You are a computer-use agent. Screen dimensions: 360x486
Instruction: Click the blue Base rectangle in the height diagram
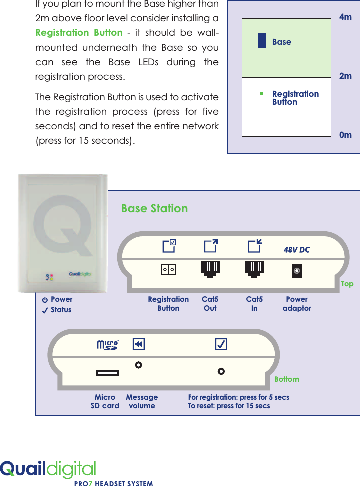pyautogui.click(x=262, y=41)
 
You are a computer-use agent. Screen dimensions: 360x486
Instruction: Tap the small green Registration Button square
pyautogui.click(x=261, y=93)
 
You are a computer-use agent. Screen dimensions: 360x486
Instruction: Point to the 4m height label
pyautogui.click(x=345, y=17)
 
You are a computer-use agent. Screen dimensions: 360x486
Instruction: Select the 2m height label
pyautogui.click(x=345, y=76)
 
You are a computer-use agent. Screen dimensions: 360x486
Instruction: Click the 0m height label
pyautogui.click(x=345, y=135)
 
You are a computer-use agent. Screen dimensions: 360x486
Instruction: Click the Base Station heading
pyautogui.click(x=154, y=208)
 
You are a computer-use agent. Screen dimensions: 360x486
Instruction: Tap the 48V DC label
pyautogui.click(x=297, y=250)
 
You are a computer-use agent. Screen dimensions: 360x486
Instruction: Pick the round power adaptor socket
pyautogui.click(x=297, y=271)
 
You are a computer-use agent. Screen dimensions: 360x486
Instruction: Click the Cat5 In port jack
pyautogui.click(x=254, y=269)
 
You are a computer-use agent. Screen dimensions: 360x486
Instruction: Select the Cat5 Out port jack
pyautogui.click(x=210, y=269)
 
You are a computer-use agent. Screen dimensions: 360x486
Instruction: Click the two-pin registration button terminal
pyautogui.click(x=168, y=270)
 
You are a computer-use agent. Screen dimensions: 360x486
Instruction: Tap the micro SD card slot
pyautogui.click(x=107, y=373)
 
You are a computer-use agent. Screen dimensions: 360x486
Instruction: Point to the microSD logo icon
pyautogui.click(x=107, y=345)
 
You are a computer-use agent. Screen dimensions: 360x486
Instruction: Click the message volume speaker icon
pyautogui.click(x=139, y=344)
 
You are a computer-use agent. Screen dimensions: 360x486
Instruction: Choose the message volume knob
pyautogui.click(x=138, y=365)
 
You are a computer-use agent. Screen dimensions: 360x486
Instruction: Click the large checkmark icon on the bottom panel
pyautogui.click(x=221, y=344)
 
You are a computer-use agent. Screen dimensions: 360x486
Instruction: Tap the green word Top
pyautogui.click(x=347, y=284)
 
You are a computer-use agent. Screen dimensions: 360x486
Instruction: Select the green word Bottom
pyautogui.click(x=287, y=379)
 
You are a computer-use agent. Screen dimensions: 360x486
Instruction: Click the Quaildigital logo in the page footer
pyautogui.click(x=48, y=469)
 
